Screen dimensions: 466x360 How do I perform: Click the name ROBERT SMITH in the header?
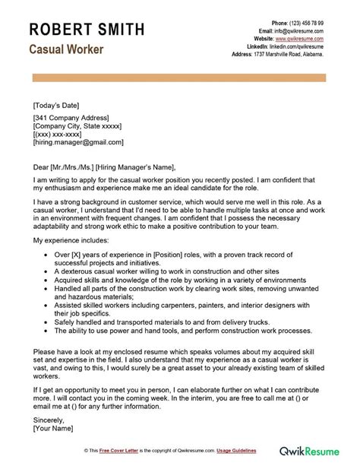click(87, 30)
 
